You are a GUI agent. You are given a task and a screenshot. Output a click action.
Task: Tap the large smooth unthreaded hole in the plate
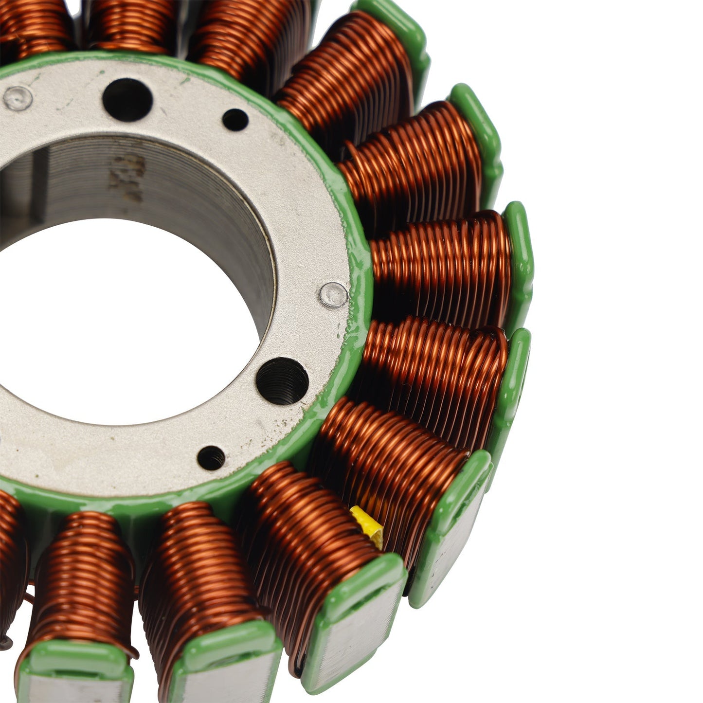(127, 100)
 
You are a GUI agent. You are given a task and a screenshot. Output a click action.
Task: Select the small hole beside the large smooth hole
(235, 119)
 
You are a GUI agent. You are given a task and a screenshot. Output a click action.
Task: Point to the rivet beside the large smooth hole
(18, 98)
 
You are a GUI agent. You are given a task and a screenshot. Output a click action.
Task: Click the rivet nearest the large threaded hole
(334, 295)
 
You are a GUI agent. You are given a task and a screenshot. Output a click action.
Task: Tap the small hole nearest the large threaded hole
(211, 458)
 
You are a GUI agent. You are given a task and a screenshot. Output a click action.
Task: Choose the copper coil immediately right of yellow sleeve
(389, 452)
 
